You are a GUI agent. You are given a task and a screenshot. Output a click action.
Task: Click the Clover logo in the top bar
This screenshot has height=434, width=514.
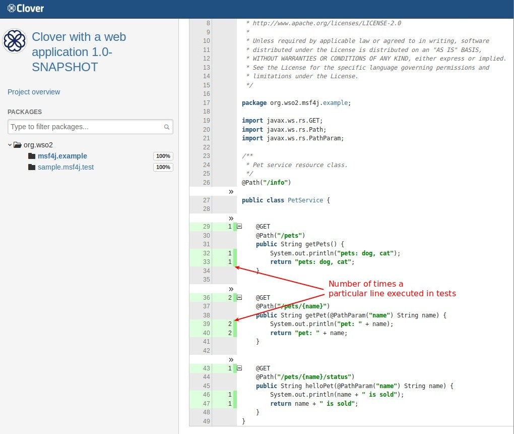26,9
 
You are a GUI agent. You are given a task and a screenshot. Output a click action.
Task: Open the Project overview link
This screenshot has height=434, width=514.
34,92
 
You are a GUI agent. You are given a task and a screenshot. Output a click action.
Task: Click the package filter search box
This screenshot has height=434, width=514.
86,127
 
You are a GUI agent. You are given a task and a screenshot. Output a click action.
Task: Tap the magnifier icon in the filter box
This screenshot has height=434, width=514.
167,127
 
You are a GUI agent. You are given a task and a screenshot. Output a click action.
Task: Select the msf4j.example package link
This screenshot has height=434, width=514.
62,156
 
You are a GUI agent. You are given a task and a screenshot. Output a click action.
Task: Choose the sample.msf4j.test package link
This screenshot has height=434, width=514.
66,167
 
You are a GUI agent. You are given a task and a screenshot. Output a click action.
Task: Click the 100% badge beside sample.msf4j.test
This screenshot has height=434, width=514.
163,167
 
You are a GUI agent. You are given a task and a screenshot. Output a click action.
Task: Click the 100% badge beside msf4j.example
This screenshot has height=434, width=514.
163,156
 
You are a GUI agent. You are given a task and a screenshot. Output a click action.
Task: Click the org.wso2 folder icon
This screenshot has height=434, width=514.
18,145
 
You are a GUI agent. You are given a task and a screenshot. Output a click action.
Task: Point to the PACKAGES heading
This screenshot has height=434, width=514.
25,112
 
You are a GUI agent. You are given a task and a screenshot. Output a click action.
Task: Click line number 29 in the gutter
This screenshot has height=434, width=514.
206,227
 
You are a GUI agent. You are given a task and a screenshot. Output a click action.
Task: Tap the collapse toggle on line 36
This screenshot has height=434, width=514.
240,297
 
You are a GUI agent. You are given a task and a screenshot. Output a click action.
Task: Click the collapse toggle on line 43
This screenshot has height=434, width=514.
240,368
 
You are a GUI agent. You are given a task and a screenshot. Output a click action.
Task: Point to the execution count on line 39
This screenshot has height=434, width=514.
229,324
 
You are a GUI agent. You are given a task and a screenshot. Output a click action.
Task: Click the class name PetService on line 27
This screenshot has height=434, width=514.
305,200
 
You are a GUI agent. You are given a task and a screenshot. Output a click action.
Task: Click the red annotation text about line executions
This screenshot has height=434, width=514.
392,289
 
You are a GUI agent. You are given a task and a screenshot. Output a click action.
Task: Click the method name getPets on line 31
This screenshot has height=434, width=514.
313,244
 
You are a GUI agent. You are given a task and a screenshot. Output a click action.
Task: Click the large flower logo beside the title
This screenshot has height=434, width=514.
15,41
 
